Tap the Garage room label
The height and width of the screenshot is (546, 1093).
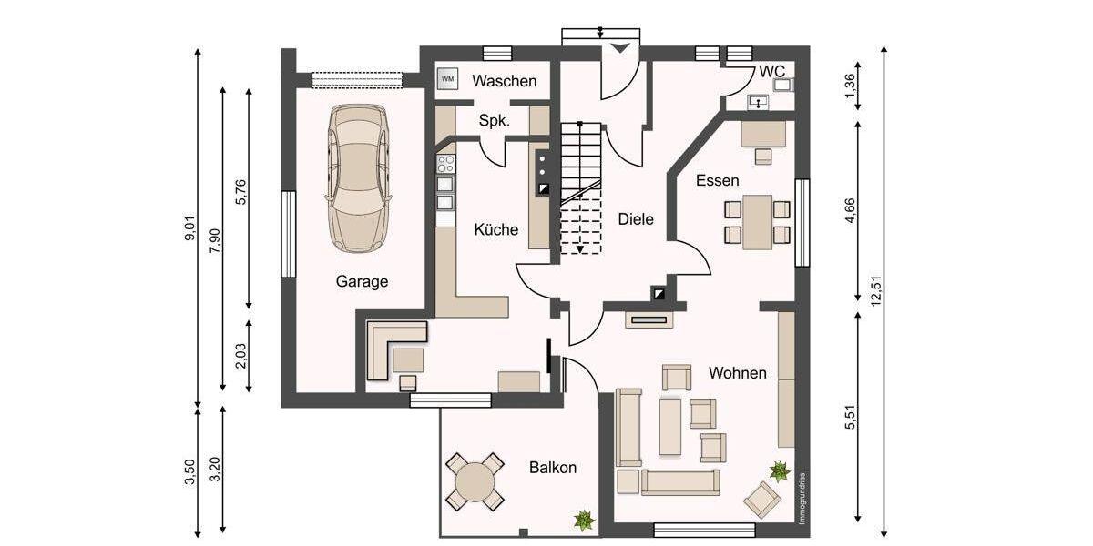coord(362,282)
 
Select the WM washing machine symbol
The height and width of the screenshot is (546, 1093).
coord(447,79)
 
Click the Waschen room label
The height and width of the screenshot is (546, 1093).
coord(504,81)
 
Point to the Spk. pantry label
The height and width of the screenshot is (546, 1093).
coord(495,120)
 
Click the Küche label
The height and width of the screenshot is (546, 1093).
coord(496,230)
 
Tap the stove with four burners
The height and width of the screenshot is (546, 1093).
coord(446,164)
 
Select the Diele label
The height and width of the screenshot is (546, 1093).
coord(636,219)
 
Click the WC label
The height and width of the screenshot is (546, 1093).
coord(771,71)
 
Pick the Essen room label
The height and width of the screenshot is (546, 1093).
coord(717,180)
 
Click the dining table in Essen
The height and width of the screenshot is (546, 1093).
coord(757,221)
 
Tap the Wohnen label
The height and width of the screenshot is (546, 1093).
coord(737,373)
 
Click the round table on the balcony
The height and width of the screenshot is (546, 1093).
coord(475,481)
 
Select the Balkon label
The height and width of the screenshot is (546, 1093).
coord(553,468)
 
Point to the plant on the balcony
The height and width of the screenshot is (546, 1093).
coord(583,520)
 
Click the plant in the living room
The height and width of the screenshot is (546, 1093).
coord(780,470)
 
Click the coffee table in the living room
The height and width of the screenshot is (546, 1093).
coord(670,426)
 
